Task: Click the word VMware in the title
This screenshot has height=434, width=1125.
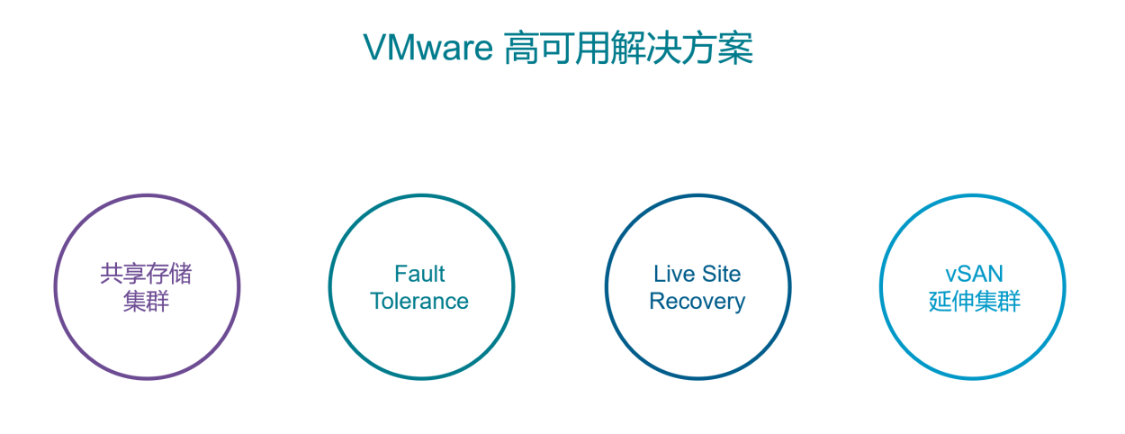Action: click(427, 48)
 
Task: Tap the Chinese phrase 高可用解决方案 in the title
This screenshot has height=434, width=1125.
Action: click(628, 48)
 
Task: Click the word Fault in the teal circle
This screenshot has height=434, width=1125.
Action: click(419, 274)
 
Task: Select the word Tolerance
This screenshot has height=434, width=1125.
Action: click(419, 301)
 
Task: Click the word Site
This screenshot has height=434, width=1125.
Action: click(721, 274)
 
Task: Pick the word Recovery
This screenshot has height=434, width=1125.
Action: click(697, 302)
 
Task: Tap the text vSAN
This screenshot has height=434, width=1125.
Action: click(974, 274)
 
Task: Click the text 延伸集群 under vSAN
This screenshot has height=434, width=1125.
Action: click(975, 302)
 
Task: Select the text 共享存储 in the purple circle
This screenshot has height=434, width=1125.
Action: click(146, 274)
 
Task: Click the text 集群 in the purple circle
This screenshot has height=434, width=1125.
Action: click(146, 302)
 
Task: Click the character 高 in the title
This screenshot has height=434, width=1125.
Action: click(521, 49)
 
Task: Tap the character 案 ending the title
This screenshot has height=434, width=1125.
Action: click(735, 49)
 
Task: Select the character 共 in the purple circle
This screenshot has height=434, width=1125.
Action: click(112, 274)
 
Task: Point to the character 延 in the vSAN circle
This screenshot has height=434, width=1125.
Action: click(940, 302)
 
